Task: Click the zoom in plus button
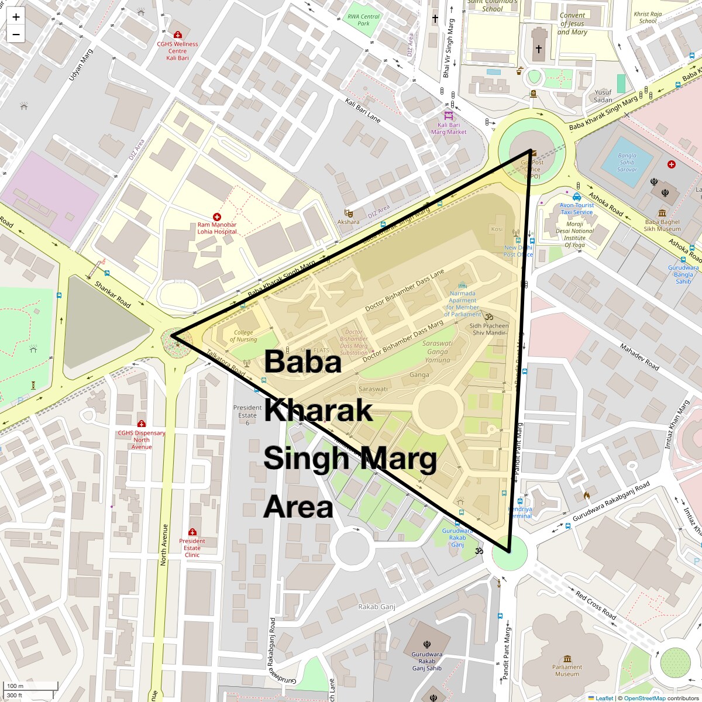tap(16, 17)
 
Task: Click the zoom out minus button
tap(16, 35)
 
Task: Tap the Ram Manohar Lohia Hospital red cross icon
tap(217, 216)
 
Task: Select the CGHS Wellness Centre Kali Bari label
tap(177, 51)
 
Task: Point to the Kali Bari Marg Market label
tap(449, 129)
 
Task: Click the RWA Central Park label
tap(363, 20)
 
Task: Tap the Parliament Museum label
tap(567, 670)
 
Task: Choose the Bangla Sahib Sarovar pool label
tap(627, 163)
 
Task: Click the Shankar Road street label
tap(113, 293)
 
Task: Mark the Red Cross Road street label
tap(596, 605)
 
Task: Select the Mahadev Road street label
tap(639, 357)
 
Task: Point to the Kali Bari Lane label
tap(363, 111)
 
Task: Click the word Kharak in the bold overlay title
tap(318, 411)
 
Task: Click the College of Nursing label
tap(243, 336)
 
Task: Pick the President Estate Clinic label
tap(192, 548)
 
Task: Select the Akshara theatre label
tap(348, 222)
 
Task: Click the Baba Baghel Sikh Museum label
tap(662, 225)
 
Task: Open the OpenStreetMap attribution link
tap(644, 698)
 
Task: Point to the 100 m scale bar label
tap(16, 686)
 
